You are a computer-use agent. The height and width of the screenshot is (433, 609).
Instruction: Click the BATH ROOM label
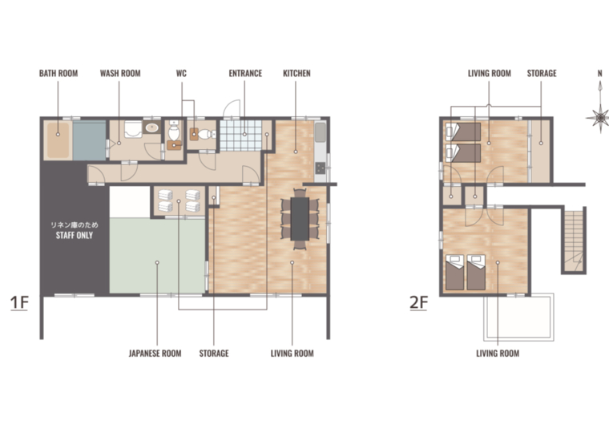tap(58, 73)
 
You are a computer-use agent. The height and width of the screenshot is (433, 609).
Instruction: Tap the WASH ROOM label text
tap(120, 73)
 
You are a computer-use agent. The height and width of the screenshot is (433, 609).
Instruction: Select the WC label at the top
tap(181, 73)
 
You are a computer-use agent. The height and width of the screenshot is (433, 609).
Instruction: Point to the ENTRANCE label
tap(245, 73)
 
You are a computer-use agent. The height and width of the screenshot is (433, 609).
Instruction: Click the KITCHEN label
tap(296, 73)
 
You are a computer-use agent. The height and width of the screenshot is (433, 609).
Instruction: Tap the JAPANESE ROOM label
tap(155, 354)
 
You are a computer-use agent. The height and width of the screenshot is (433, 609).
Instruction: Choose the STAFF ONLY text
tap(75, 235)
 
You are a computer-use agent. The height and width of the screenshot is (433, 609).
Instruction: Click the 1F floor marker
tap(19, 303)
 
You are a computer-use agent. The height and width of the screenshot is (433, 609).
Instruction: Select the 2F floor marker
tap(418, 303)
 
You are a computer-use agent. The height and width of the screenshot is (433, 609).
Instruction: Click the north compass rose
tap(599, 116)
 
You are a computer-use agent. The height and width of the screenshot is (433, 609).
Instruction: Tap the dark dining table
tap(300, 218)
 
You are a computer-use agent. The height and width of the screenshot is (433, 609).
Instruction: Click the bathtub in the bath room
tap(58, 140)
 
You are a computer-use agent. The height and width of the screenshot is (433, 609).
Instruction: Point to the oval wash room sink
tap(152, 127)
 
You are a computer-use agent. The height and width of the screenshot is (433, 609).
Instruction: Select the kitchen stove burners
tap(321, 168)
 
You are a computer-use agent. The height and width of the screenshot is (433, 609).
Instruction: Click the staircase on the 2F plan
tap(574, 241)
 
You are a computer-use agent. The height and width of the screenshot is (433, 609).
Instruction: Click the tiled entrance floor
tap(241, 135)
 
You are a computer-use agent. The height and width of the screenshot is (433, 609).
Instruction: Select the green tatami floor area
tap(157, 255)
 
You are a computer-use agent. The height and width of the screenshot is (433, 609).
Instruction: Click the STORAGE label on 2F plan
tap(542, 73)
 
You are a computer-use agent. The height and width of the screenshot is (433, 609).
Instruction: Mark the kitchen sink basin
tap(321, 132)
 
